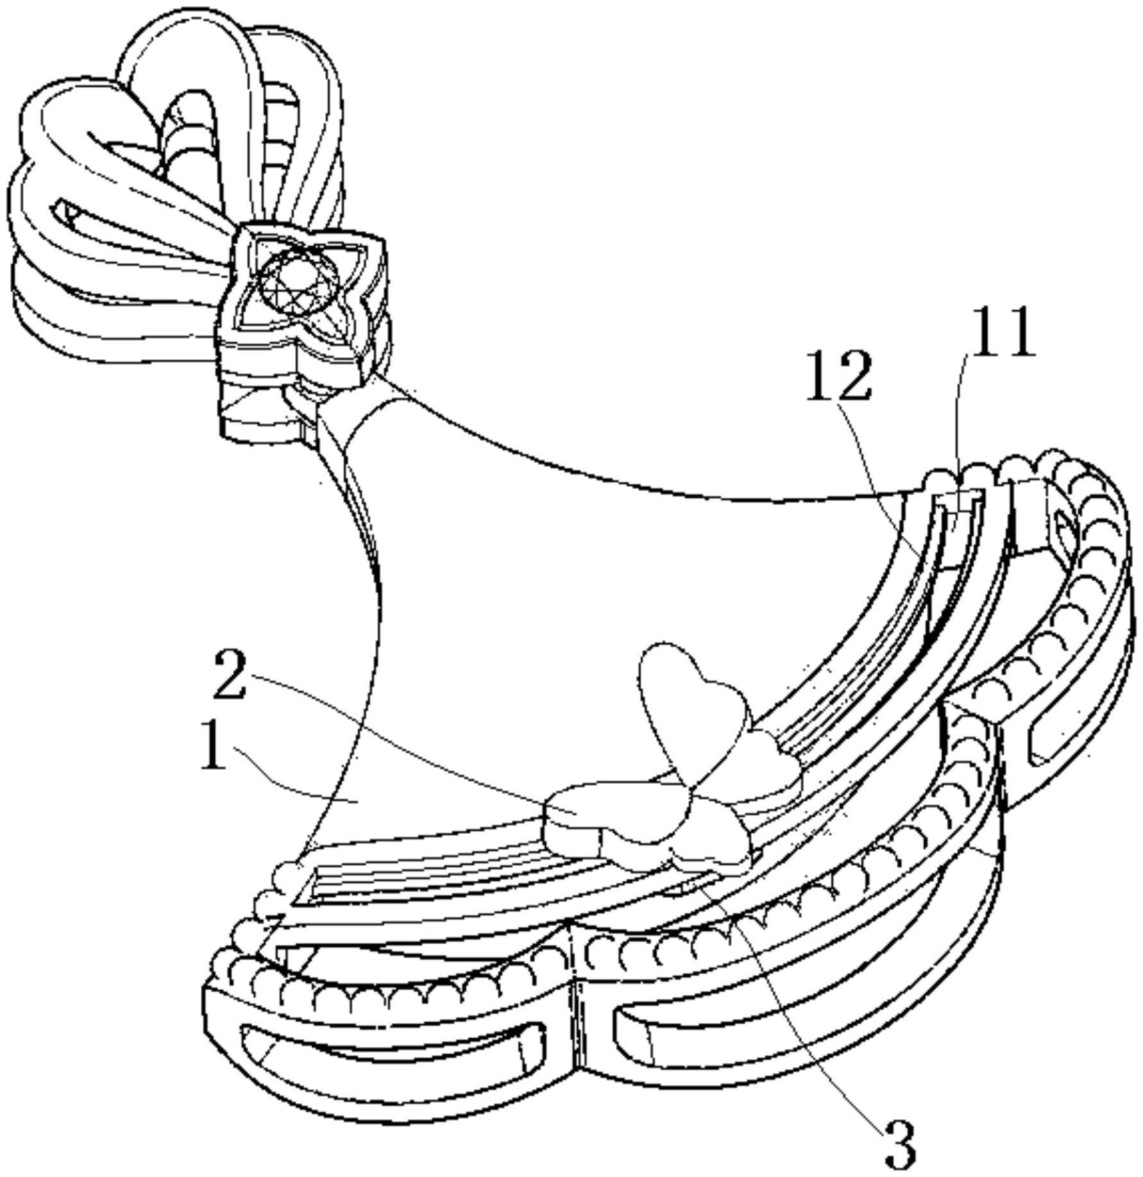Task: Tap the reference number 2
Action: (229, 674)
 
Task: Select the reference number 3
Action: (901, 1144)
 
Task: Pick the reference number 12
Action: (840, 376)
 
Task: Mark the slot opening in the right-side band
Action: (1058, 738)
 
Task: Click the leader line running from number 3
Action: (802, 1001)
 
